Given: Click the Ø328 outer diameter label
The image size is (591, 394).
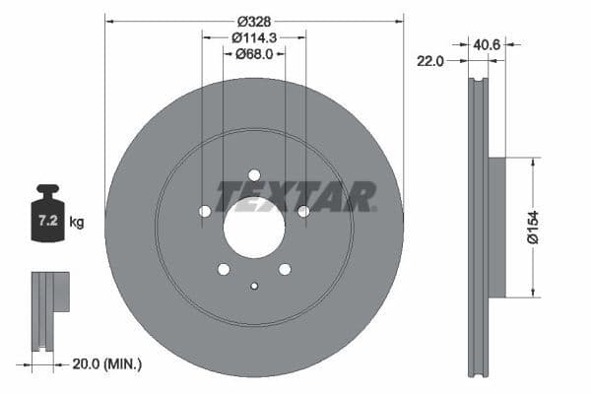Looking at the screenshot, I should click(x=254, y=20).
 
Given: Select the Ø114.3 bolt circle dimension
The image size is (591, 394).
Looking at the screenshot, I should click(x=254, y=37).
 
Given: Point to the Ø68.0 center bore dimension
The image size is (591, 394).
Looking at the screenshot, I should click(x=254, y=54).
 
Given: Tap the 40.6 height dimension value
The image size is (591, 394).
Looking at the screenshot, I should click(x=487, y=43).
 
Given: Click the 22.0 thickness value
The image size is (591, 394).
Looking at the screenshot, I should click(x=431, y=61).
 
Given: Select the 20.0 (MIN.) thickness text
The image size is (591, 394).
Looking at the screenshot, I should click(x=107, y=364).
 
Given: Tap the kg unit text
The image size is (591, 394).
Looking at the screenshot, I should click(x=77, y=223).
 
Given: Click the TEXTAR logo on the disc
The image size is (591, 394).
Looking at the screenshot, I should click(x=295, y=196).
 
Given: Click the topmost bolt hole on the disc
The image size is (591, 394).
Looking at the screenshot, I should click(x=254, y=174).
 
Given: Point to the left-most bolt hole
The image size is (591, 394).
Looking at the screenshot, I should click(x=205, y=211).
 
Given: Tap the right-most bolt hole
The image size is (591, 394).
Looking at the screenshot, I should click(x=303, y=211).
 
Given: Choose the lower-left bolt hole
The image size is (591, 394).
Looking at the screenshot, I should click(x=224, y=269).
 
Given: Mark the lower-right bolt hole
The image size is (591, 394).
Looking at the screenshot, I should click(x=285, y=269).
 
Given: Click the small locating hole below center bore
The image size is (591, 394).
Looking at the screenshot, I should click(x=254, y=287).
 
